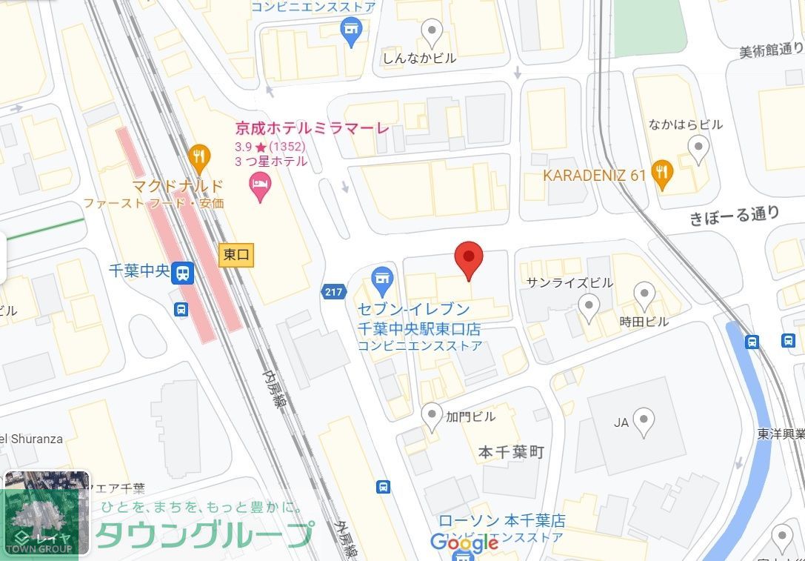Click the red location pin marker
tap(468, 259)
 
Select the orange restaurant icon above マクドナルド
tap(199, 156)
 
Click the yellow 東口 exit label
tap(237, 256)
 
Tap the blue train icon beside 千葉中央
tap(182, 273)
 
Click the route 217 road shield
tap(334, 292)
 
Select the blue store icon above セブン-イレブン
tap(382, 281)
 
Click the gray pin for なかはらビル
tap(698, 148)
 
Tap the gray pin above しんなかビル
tap(431, 32)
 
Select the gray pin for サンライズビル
tap(589, 306)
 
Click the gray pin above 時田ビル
tap(644, 295)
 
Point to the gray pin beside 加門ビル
tap(432, 416)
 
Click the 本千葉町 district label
tap(511, 451)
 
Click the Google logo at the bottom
tap(464, 543)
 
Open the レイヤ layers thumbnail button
tap(47, 513)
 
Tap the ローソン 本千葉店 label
tap(501, 521)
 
